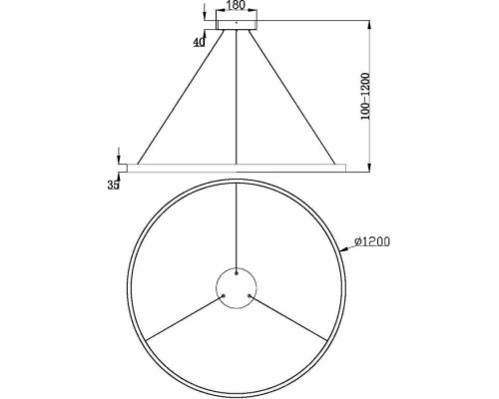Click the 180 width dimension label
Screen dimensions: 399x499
[x=237, y=6]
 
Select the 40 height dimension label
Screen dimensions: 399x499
[x=200, y=42]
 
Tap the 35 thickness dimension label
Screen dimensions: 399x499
[x=113, y=184]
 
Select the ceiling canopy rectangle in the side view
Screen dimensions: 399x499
[x=237, y=22]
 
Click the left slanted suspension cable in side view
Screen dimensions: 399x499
[x=180, y=96]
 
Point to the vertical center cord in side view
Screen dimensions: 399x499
[x=237, y=100]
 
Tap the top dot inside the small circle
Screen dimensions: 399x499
[x=237, y=270]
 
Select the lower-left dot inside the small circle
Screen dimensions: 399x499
[x=225, y=294]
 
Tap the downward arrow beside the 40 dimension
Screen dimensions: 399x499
[x=205, y=12]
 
